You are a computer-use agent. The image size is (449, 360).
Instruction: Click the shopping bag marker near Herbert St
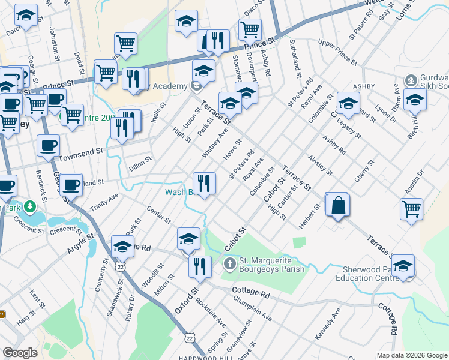click(x=339, y=205)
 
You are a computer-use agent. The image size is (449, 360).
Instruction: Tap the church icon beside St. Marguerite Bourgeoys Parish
click(x=229, y=263)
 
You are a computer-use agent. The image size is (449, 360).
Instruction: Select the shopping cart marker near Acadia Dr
click(x=412, y=209)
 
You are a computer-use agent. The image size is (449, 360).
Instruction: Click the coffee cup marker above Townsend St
click(x=48, y=145)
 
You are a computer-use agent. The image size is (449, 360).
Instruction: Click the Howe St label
click(x=232, y=151)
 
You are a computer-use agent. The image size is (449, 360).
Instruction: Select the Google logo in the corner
click(x=20, y=353)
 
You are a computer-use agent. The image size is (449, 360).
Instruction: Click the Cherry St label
click(x=364, y=170)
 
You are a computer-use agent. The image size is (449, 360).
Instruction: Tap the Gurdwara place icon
click(x=411, y=80)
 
